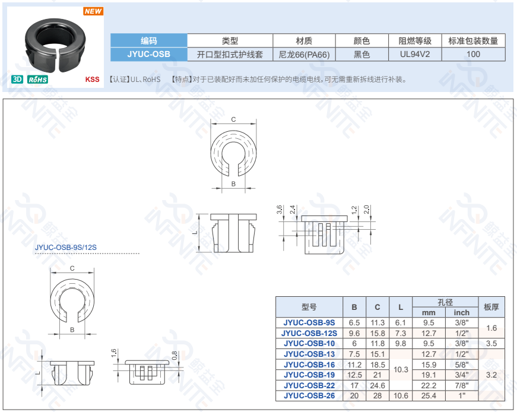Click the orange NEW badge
(93, 11)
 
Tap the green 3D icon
(17, 79)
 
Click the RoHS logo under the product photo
(37, 80)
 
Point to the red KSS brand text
(93, 80)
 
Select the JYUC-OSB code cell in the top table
(149, 54)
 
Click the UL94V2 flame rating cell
(415, 54)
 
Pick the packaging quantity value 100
(473, 54)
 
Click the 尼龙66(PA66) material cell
(304, 55)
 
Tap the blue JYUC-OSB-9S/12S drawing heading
(66, 248)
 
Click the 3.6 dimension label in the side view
(279, 210)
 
